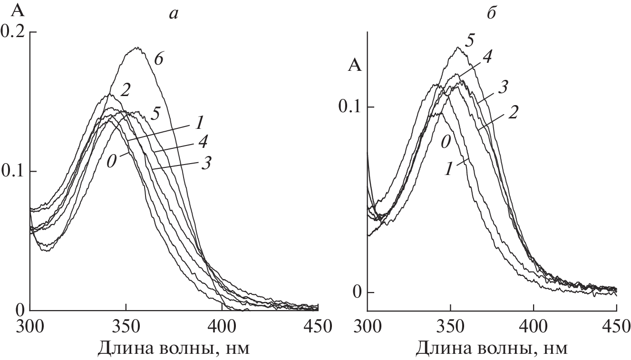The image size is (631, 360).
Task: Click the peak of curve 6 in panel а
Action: tap(137, 48)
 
